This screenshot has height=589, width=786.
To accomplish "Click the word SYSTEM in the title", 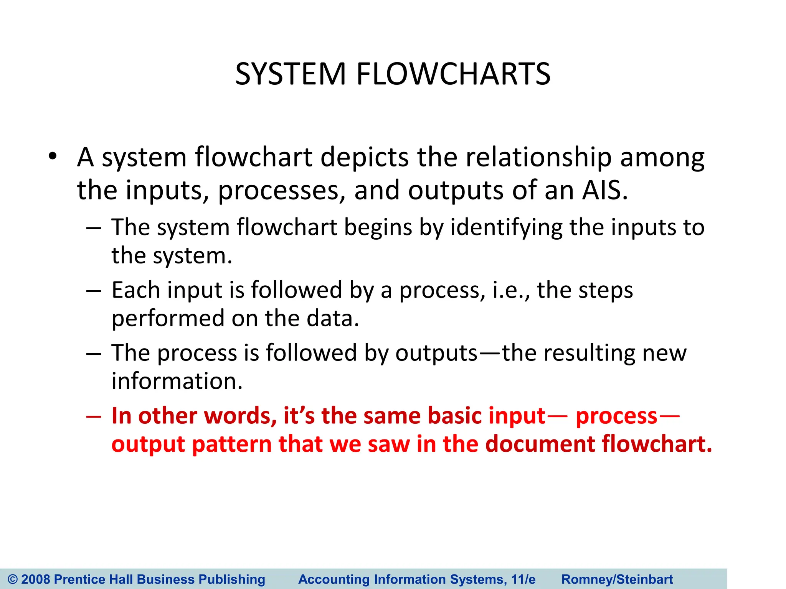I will tap(291, 74).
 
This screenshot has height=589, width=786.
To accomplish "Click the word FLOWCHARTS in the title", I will tap(453, 74).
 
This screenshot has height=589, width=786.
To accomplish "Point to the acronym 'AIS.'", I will tap(605, 191).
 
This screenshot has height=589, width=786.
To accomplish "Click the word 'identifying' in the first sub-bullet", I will tap(506, 227).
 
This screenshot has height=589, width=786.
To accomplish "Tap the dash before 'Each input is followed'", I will tap(93, 290).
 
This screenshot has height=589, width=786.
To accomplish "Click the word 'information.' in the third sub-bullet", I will tap(177, 381).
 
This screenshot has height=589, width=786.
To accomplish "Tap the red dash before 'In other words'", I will tap(93, 416).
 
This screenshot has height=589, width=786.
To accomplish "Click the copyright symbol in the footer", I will tap(13, 579).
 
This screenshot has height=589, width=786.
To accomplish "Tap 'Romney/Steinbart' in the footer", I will tap(617, 579).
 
